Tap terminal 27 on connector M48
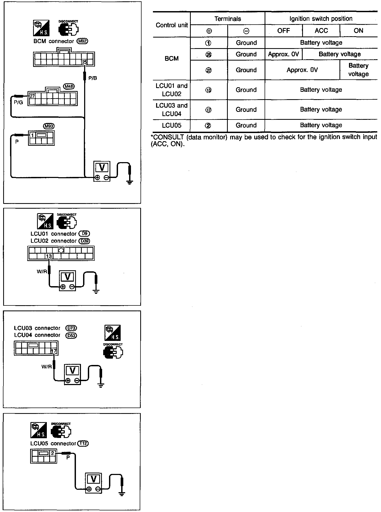[32, 96]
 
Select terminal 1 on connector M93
[32, 135]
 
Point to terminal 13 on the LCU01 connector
[49, 256]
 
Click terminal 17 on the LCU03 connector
[54, 351]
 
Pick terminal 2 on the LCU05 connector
[53, 453]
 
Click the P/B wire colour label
[93, 78]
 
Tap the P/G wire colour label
[19, 102]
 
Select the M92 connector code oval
[82, 41]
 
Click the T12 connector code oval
[83, 444]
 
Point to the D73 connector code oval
[71, 328]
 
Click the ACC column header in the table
[321, 31]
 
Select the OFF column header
[283, 31]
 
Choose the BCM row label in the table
[171, 58]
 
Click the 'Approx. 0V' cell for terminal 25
[283, 54]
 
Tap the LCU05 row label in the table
[171, 125]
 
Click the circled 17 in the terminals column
[208, 110]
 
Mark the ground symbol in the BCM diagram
[129, 182]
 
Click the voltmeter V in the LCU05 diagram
[94, 479]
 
